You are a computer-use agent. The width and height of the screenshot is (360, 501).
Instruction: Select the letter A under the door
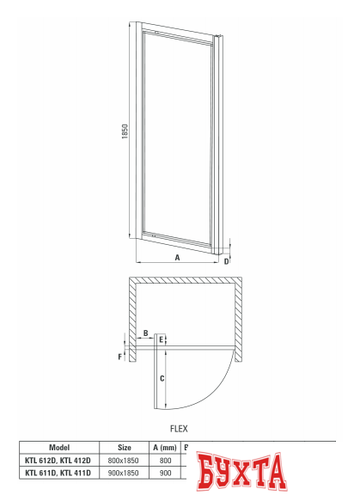click(x=178, y=257)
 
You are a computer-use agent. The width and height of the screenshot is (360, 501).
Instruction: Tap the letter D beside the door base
click(x=226, y=260)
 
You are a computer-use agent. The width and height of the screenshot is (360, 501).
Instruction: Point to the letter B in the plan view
click(x=145, y=333)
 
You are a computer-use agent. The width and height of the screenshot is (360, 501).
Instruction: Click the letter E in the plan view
click(x=162, y=340)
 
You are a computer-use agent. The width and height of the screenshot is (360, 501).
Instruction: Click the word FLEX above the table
click(x=178, y=427)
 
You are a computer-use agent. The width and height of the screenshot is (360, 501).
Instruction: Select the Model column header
click(x=59, y=447)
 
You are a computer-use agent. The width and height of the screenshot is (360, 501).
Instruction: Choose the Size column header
click(x=124, y=447)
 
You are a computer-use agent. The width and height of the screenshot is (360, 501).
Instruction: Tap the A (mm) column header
click(x=165, y=447)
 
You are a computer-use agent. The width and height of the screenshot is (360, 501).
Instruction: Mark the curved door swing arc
click(x=224, y=385)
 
